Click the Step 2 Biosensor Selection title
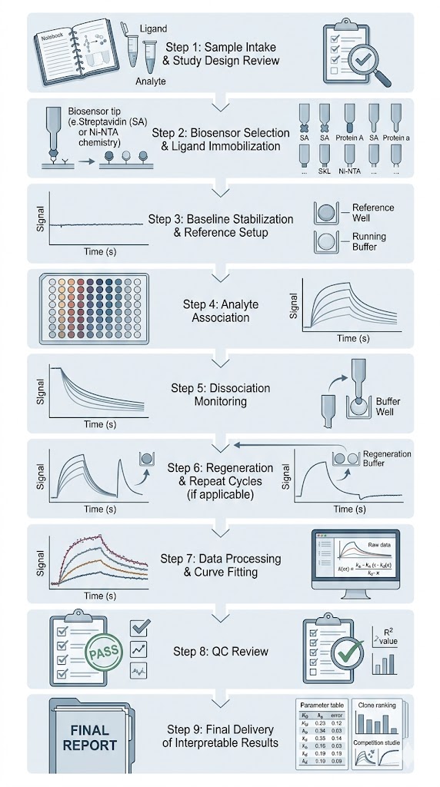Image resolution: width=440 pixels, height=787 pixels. (220, 140)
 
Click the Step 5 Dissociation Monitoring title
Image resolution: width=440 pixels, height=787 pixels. (220, 395)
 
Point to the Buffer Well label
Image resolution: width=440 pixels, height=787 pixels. (388, 407)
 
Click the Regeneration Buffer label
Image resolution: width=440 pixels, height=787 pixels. (386, 460)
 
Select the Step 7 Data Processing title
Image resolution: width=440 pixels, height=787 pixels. (220, 566)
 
